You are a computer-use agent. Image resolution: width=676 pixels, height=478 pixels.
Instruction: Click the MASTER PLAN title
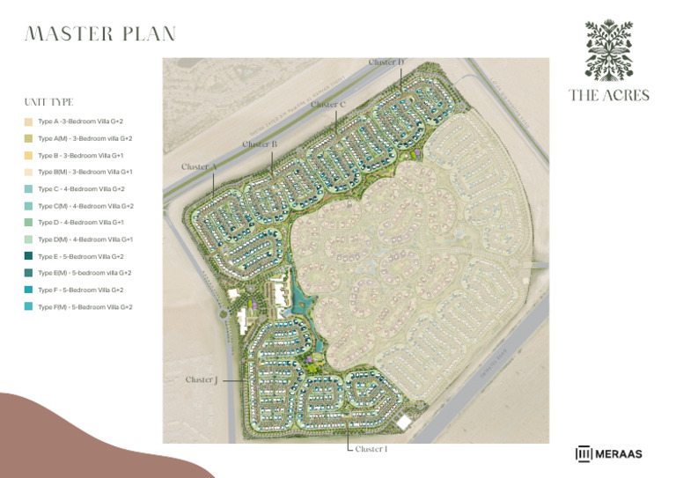100,34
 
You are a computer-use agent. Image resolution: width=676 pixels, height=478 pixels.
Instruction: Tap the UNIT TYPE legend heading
49,102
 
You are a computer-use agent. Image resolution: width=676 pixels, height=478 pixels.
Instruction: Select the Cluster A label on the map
200,166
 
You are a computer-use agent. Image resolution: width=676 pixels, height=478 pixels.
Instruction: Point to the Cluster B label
260,143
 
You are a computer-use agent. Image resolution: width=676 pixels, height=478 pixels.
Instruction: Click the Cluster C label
328,105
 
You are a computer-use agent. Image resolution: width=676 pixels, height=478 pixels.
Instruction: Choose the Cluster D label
386,63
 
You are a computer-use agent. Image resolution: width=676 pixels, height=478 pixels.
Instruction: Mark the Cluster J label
201,380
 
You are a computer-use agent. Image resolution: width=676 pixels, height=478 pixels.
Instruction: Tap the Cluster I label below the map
371,449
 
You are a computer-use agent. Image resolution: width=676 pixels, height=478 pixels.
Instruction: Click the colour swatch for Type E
29,256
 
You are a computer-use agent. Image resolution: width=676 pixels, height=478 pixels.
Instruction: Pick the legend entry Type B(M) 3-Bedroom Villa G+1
85,173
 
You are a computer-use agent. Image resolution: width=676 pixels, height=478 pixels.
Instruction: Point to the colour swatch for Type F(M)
29,307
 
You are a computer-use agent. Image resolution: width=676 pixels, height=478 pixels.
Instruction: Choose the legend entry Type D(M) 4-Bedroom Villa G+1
85,239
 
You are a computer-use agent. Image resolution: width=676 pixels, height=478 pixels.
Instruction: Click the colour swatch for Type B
29,156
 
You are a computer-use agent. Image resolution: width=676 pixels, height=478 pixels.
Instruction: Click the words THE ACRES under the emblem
609,95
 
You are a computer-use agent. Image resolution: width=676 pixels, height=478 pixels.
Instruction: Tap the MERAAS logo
609,454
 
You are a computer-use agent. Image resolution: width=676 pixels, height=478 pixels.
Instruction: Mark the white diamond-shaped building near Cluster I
403,422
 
